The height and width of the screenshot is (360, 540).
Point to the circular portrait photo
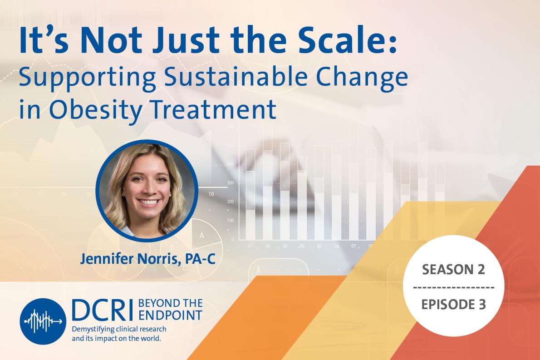(147, 191)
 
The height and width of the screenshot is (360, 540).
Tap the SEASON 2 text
(453, 270)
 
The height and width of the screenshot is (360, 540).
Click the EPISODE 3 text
(453, 304)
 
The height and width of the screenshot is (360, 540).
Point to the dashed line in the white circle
(453, 287)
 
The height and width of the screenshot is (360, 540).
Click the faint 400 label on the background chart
(231, 164)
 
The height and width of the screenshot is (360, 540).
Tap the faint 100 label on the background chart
(231, 220)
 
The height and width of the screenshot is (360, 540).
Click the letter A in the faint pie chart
(201, 236)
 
